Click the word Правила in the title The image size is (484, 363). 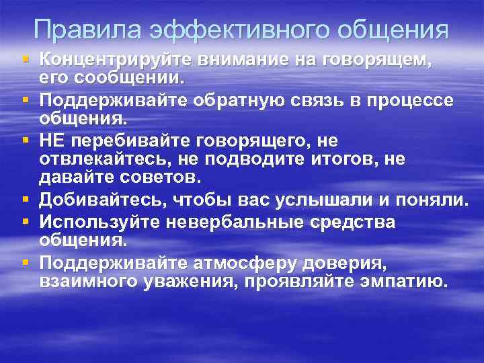coord(87,30)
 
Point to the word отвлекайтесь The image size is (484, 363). coord(100,159)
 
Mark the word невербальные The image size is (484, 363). coord(241,222)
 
